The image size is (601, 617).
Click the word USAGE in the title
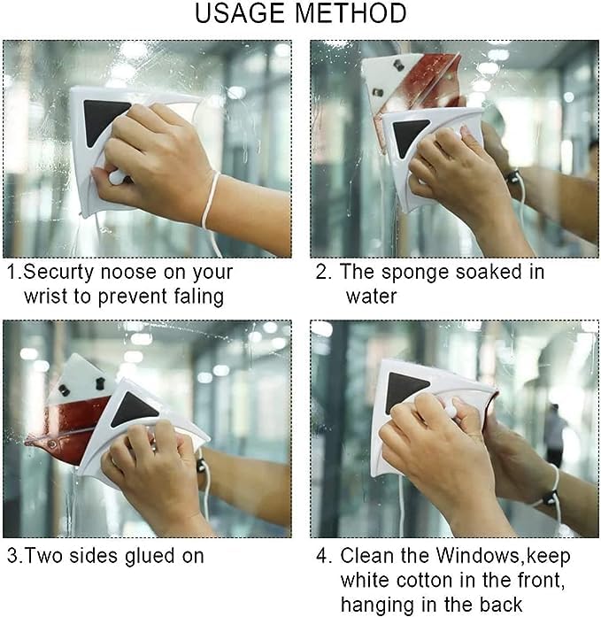click(242, 14)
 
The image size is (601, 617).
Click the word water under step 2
click(372, 295)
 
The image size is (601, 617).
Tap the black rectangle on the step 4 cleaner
click(407, 389)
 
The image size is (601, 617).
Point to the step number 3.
click(12, 556)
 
